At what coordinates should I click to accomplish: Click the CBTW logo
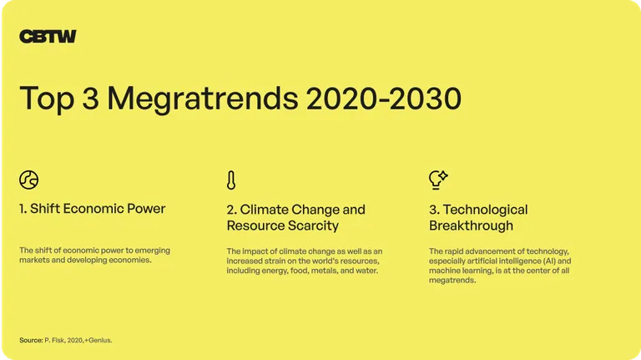(x=48, y=37)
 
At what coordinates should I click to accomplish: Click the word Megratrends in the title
(x=202, y=99)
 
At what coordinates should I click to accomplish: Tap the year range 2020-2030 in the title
(x=384, y=99)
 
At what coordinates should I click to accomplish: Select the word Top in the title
(x=47, y=99)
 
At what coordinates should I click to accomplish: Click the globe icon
(x=28, y=180)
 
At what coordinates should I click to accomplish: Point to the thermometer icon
(x=231, y=180)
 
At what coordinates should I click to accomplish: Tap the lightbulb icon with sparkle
(x=438, y=180)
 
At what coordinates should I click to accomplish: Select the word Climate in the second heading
(x=262, y=210)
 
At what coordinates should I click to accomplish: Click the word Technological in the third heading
(x=485, y=210)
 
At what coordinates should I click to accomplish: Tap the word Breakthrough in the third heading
(x=471, y=226)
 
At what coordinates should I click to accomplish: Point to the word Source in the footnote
(x=31, y=340)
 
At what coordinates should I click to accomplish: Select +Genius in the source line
(x=98, y=340)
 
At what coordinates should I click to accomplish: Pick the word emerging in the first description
(x=153, y=251)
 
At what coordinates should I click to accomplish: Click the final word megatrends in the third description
(x=452, y=281)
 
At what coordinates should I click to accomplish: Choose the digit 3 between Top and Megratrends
(x=90, y=99)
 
